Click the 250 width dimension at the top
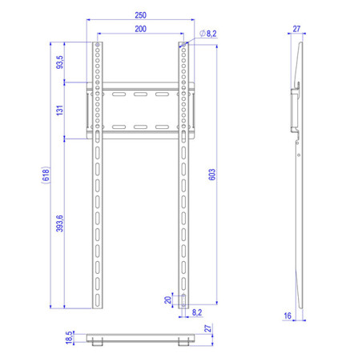pyautogui.click(x=141, y=15)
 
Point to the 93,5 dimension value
pyautogui.click(x=59, y=63)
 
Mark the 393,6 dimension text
pyautogui.click(x=59, y=224)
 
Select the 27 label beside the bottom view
pyautogui.click(x=207, y=329)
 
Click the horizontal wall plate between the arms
pyautogui.click(x=141, y=111)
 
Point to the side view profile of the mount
pyautogui.click(x=298, y=176)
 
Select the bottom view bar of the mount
pyautogui.click(x=141, y=336)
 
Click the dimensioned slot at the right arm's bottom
pyautogui.click(x=184, y=300)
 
